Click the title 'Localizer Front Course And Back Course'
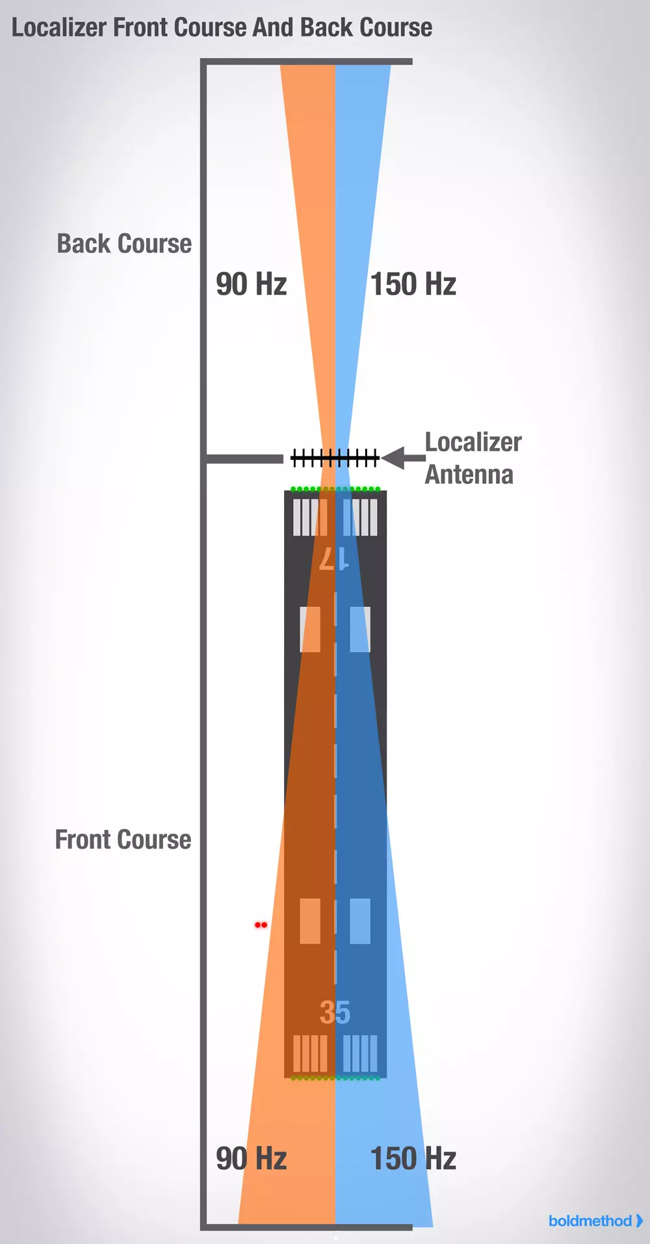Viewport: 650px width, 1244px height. (222, 27)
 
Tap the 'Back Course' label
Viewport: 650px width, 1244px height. (124, 244)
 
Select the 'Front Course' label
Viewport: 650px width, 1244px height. (123, 840)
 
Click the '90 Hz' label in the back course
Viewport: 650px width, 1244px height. (251, 284)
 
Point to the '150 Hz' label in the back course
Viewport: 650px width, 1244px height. (413, 284)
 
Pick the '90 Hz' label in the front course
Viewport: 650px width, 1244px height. (251, 1159)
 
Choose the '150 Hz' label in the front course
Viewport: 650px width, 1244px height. (413, 1159)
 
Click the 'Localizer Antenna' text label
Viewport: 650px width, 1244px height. (473, 458)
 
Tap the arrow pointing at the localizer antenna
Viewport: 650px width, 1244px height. (402, 458)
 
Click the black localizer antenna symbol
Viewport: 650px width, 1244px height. (335, 458)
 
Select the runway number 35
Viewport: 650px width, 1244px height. (335, 1012)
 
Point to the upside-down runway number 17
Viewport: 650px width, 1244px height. (334, 559)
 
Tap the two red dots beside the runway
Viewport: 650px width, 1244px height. (261, 925)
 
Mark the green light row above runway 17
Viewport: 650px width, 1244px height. (335, 488)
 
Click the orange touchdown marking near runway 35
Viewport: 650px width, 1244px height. (310, 921)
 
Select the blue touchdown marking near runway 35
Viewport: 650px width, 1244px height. (360, 921)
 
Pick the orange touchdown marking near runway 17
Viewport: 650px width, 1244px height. (310, 629)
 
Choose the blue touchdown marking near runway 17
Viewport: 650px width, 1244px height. (360, 629)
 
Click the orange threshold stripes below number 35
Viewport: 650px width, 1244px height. (310, 1053)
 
